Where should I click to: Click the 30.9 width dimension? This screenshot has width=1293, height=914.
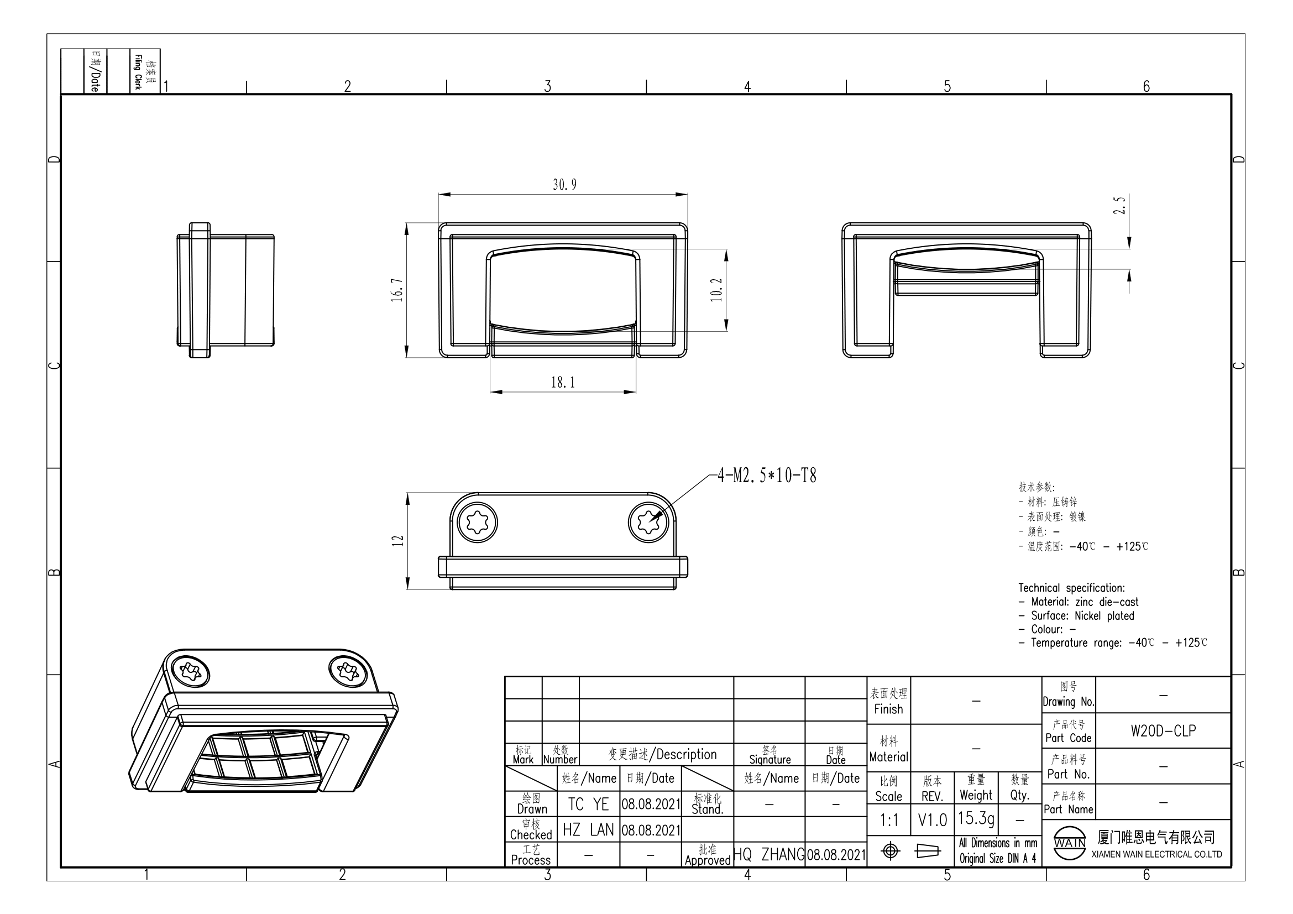click(x=564, y=185)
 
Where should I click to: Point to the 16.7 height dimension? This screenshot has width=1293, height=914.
click(x=397, y=290)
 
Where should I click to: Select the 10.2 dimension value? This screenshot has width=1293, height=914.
click(x=716, y=290)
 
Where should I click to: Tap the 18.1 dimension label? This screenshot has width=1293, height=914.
click(x=563, y=383)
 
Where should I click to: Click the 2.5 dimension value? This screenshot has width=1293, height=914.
click(x=1119, y=206)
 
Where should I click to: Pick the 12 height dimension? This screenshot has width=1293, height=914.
click(x=397, y=541)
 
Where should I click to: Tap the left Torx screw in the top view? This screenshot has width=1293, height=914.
click(x=478, y=522)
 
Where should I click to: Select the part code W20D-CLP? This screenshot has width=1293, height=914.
click(x=1163, y=730)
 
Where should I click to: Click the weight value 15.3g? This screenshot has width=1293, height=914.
click(x=976, y=818)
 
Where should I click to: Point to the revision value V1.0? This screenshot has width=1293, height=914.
click(x=932, y=820)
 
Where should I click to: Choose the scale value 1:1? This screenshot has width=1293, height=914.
click(x=889, y=820)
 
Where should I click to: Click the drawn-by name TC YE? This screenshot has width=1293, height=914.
click(x=588, y=804)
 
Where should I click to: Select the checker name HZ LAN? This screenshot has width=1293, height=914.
click(x=588, y=829)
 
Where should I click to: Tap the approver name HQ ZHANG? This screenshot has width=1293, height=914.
click(x=769, y=854)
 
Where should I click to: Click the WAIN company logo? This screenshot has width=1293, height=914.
click(x=1070, y=843)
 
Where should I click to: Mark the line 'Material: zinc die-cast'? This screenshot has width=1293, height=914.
click(x=1078, y=602)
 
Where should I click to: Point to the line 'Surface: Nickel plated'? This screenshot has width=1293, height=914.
click(x=1076, y=615)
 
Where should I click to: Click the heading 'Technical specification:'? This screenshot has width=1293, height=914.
click(x=1071, y=588)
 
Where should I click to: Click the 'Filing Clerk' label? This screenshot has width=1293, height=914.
click(x=138, y=71)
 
